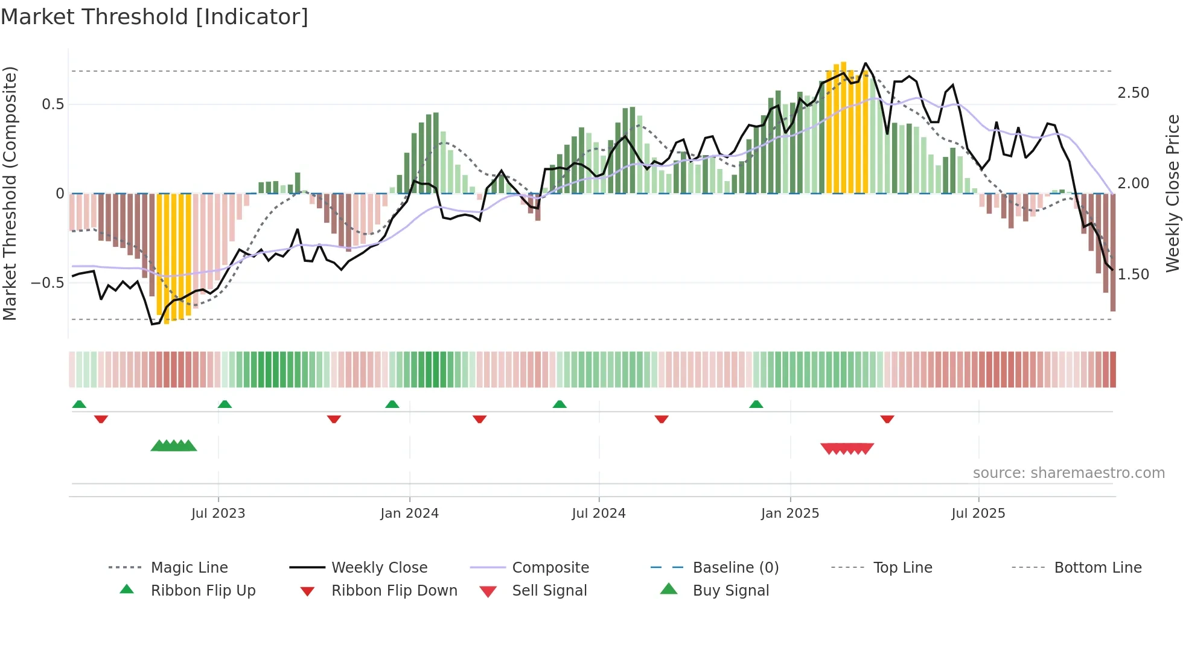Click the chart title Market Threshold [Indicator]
pos(155,17)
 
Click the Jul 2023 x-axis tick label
pos(218,514)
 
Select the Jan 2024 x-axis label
pos(409,514)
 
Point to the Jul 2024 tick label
pos(598,514)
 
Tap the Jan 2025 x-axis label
pos(789,514)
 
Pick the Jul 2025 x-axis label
pos(978,514)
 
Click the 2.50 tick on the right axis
pos(1133,93)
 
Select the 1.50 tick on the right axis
pos(1133,275)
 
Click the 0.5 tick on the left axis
pos(53,104)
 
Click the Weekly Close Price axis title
pos(1172,193)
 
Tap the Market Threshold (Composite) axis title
pos(10,193)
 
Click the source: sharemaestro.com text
pos(1068,473)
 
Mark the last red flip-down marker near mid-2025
pos(887,419)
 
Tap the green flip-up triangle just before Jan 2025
pos(756,404)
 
